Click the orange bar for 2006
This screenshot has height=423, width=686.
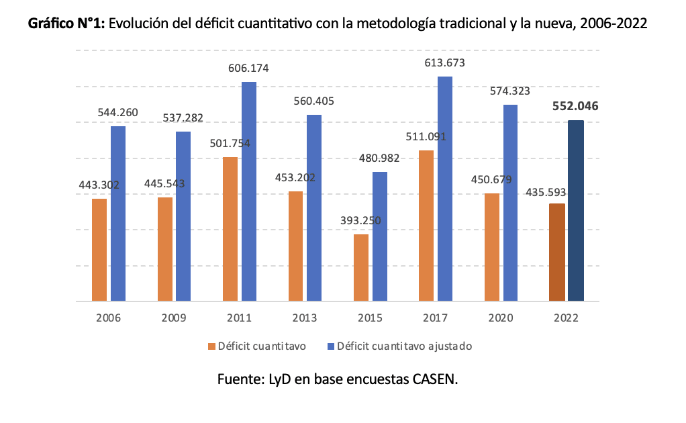99,250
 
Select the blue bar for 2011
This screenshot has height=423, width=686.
249,191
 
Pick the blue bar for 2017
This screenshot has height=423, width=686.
445,189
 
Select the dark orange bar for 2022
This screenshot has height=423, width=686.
556,252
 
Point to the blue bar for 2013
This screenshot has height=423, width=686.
314,208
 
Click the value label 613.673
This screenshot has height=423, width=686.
445,63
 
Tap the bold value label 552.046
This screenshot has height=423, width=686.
576,106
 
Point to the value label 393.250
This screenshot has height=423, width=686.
361,220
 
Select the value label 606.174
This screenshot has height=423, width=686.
249,68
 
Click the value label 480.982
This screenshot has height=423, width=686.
380,158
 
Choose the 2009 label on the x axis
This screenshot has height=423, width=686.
174,318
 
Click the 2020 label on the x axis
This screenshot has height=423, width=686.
501,318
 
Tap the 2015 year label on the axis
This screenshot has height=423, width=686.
370,318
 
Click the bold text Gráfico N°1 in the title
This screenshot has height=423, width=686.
66,25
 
